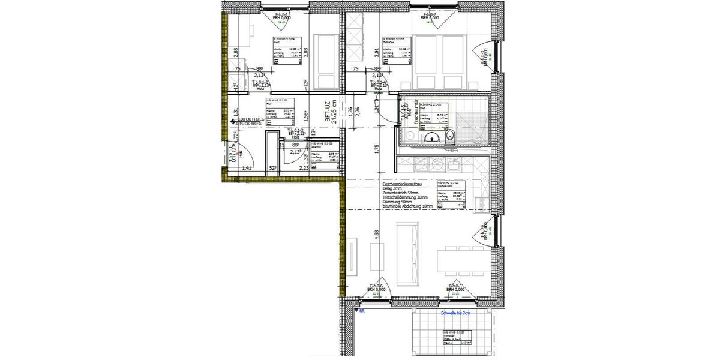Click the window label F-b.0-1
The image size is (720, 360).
[x=281, y=16]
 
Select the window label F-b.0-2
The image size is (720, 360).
[x=431, y=16]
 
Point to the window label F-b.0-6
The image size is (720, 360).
[x=376, y=287]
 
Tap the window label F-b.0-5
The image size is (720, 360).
[x=455, y=287]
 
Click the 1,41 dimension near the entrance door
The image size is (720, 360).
[x=246, y=169]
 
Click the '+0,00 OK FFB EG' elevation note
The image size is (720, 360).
[x=254, y=120]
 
